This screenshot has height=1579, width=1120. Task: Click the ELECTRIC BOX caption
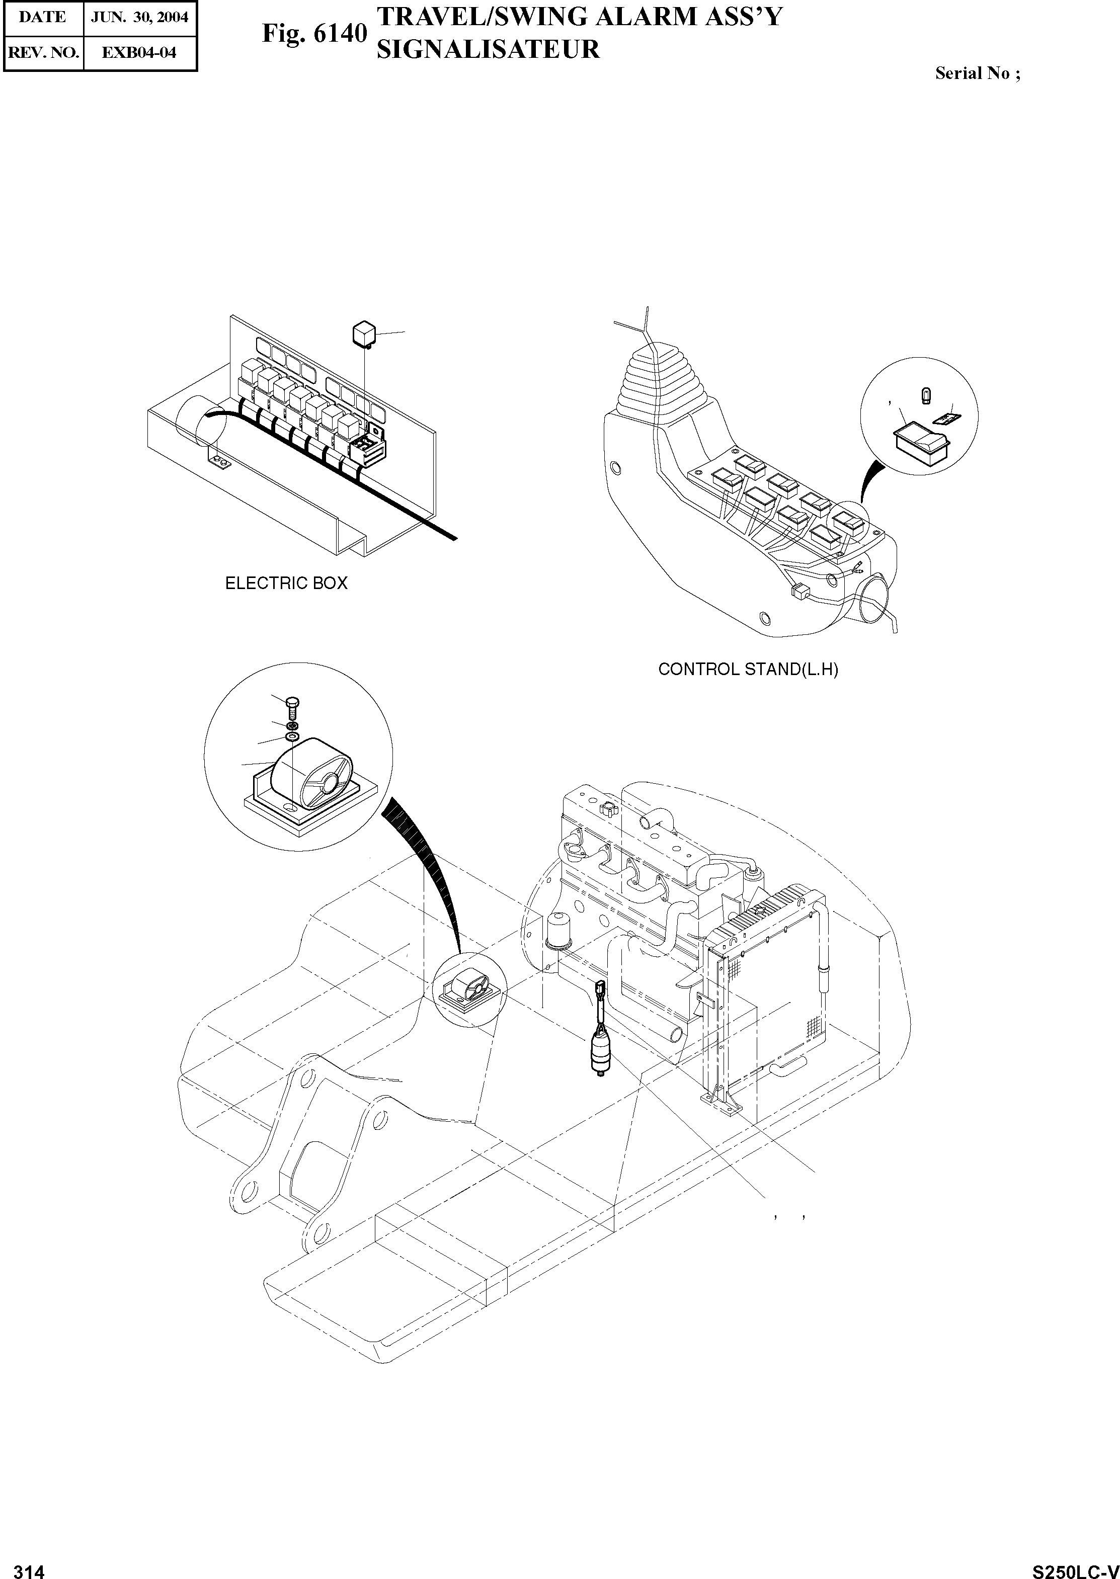(286, 584)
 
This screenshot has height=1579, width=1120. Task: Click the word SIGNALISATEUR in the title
(488, 50)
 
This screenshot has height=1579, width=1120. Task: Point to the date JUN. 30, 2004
(140, 17)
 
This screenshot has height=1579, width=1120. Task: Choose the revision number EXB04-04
(139, 52)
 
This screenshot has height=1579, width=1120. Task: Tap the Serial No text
(977, 74)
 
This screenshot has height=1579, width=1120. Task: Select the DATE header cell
(42, 17)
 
